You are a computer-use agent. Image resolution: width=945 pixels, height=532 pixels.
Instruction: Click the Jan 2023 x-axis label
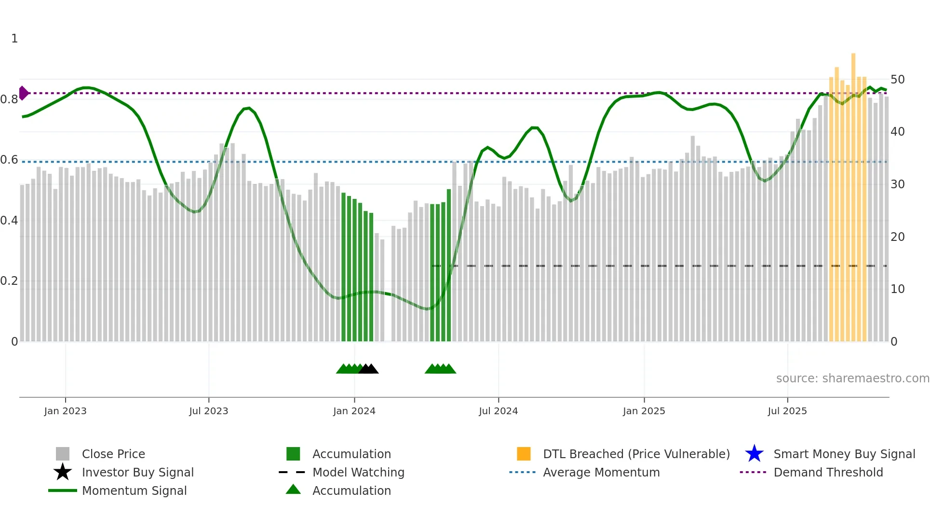(65, 411)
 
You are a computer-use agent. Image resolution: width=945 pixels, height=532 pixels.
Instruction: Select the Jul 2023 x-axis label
(208, 411)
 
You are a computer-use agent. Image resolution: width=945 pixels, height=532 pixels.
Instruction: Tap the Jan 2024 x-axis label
(354, 411)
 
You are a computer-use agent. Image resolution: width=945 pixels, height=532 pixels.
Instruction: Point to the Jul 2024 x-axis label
(498, 411)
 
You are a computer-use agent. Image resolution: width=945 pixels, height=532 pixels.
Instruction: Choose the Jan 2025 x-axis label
(644, 411)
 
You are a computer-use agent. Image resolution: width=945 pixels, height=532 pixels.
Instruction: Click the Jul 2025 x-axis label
(787, 411)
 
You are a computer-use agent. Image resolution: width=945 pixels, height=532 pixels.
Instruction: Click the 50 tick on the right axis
(897, 79)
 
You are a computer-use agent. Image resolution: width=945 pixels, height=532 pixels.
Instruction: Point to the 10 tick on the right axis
(897, 289)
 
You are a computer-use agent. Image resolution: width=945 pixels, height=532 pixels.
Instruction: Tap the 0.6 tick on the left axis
(9, 160)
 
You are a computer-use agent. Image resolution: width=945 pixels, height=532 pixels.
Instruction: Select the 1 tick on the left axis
(14, 39)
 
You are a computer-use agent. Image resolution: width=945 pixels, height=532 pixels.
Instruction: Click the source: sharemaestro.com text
(852, 378)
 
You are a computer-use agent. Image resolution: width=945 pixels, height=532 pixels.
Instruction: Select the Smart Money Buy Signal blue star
(754, 454)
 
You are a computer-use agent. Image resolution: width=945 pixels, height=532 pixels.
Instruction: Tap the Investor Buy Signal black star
(63, 472)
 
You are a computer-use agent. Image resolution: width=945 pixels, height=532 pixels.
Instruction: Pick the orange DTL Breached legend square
(524, 454)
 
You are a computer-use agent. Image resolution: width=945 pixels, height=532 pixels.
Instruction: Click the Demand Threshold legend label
(828, 472)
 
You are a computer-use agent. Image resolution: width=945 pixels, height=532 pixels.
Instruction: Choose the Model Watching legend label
(358, 472)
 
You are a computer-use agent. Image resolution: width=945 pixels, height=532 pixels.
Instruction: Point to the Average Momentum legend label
(601, 472)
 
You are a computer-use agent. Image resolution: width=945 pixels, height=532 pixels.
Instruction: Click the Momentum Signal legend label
(134, 490)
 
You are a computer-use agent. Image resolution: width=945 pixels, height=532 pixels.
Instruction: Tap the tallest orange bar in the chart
(853, 193)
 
